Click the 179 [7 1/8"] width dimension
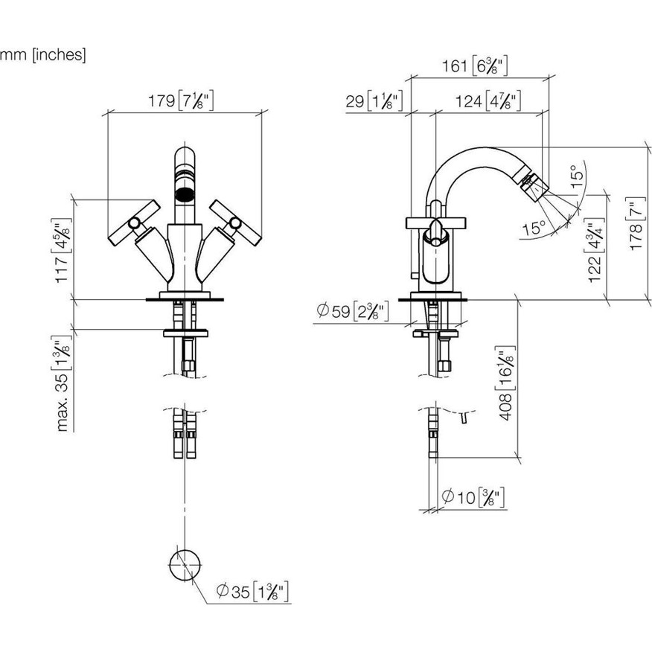(181, 101)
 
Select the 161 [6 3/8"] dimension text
(474, 65)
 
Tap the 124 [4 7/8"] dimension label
(488, 101)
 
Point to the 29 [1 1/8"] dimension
(374, 101)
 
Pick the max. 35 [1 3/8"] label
(63, 383)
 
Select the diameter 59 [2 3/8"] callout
(353, 310)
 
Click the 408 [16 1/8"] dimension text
(506, 383)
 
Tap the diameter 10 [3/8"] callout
(473, 497)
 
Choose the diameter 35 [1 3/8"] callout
(252, 591)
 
